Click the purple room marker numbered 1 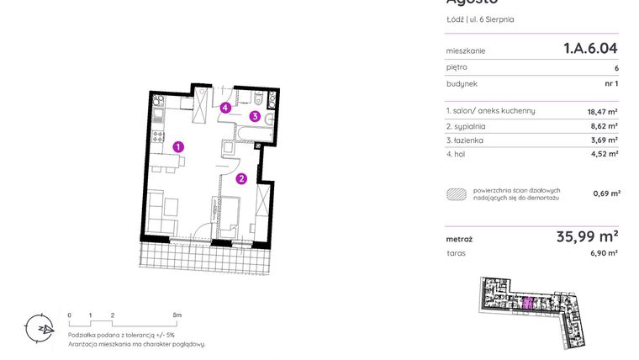pos(178,147)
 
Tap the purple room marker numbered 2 pos(241,177)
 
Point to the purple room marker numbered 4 pos(225,108)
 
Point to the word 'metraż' pos(459,240)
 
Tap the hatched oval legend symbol pos(457,193)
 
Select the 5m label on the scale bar pos(177,315)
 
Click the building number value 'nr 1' pos(610,84)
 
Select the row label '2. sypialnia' pos(467,125)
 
